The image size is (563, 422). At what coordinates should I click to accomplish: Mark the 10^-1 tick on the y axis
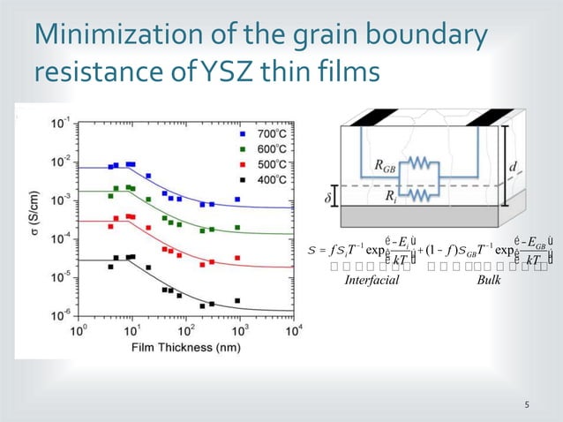tap(64, 124)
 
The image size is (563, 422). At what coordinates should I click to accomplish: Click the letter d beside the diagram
tap(514, 166)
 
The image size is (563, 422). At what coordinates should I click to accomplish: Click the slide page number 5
tap(527, 405)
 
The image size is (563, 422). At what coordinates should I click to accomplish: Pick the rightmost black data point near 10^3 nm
tap(238, 301)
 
